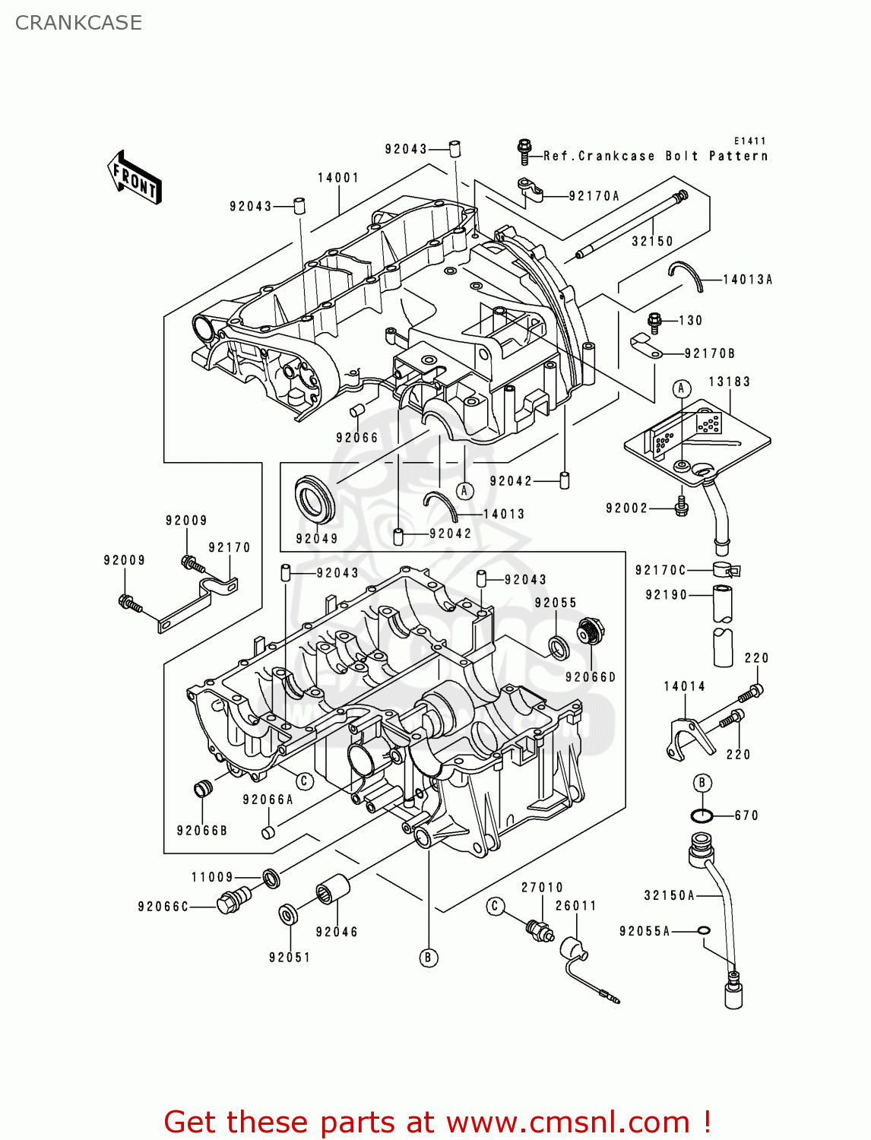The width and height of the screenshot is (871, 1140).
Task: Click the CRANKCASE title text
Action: tap(78, 23)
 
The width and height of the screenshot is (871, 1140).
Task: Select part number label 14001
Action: tap(338, 178)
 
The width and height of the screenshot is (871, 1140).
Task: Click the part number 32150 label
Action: tap(653, 241)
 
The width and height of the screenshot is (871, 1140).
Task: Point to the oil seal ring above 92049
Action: tap(314, 499)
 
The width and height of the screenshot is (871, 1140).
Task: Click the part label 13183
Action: tap(730, 382)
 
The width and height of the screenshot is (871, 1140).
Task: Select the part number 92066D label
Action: tap(591, 677)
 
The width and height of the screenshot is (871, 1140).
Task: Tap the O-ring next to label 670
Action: tap(702, 815)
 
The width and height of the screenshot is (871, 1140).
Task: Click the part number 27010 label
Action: tap(542, 887)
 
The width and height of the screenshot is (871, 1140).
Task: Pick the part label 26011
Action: tap(576, 905)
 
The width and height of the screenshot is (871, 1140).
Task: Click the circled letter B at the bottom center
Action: tap(428, 958)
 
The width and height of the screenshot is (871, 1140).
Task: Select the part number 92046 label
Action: tap(337, 932)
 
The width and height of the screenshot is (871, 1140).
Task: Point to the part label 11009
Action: tap(212, 877)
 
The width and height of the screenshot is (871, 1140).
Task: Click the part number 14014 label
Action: tap(684, 686)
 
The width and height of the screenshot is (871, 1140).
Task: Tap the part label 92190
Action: tap(667, 595)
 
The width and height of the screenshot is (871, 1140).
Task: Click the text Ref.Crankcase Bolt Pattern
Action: tap(656, 156)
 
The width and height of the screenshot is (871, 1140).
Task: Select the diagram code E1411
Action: tap(750, 141)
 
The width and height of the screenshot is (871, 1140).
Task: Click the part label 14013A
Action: tap(748, 280)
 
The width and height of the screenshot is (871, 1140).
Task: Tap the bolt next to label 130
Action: tap(654, 322)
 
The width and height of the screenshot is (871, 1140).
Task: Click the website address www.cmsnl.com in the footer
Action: tap(568, 1122)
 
